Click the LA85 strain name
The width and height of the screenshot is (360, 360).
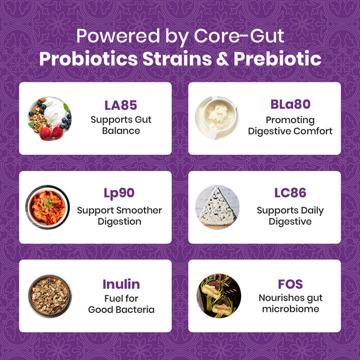(121, 105)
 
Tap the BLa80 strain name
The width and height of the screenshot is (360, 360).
(290, 104)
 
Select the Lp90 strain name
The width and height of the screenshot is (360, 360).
(119, 193)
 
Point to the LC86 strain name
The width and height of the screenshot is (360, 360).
(290, 193)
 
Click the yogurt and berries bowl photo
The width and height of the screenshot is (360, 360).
(49, 118)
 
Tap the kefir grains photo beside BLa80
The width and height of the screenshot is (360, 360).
(218, 118)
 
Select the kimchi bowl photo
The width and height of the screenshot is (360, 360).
(48, 207)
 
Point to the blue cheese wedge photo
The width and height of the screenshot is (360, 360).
(218, 207)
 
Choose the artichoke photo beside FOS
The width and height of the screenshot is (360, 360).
(218, 296)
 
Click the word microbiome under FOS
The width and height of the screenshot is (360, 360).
(290, 309)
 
